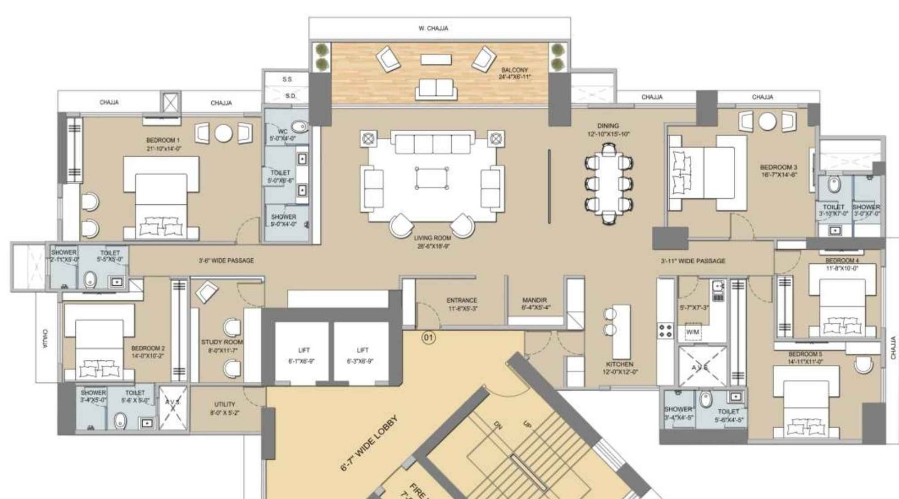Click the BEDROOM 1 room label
(163, 140)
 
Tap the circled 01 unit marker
(429, 338)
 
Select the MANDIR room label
(534, 300)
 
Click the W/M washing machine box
(693, 332)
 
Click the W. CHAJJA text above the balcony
(433, 28)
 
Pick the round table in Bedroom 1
(223, 133)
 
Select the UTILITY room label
(225, 404)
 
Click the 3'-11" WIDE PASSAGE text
(693, 260)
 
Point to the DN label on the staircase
(497, 424)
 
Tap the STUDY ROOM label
(222, 342)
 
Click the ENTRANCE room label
(462, 300)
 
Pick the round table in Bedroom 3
(768, 121)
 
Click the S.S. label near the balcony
(287, 80)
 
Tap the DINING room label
(608, 126)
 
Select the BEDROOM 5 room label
(805, 354)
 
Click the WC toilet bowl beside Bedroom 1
(300, 127)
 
